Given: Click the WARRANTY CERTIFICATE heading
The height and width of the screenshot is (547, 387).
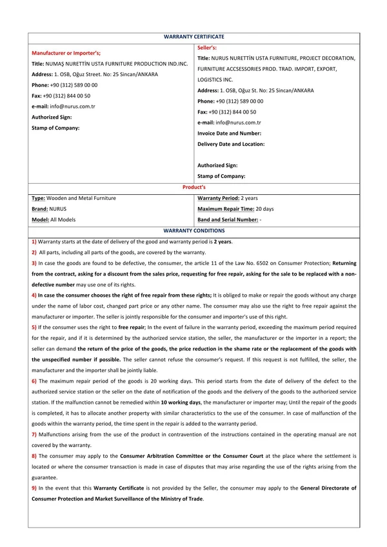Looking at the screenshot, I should pyautogui.click(x=193, y=37).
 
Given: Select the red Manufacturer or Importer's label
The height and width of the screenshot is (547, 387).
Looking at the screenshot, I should pyautogui.click(x=66, y=53).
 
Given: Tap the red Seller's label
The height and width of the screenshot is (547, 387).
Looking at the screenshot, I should pyautogui.click(x=207, y=48).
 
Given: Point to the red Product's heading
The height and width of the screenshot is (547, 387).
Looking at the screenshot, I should pyautogui.click(x=193, y=186).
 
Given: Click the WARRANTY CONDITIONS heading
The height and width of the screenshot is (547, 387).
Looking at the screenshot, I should pyautogui.click(x=193, y=230).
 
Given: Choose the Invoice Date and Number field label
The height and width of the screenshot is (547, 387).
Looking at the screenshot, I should pyautogui.click(x=229, y=133).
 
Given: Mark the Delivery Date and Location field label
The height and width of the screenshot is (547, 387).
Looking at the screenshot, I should pyautogui.click(x=231, y=144).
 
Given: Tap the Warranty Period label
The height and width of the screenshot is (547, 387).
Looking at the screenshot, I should pyautogui.click(x=218, y=198).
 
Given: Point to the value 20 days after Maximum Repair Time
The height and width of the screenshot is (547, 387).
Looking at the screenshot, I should pyautogui.click(x=264, y=209).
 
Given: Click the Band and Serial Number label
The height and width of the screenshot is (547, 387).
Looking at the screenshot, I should pyautogui.click(x=227, y=220).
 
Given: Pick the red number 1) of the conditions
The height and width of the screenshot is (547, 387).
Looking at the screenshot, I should pyautogui.click(x=34, y=241).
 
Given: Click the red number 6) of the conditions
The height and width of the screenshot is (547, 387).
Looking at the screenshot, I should pyautogui.click(x=34, y=381).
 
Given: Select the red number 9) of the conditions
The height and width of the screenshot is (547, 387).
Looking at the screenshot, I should pyautogui.click(x=34, y=488).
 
